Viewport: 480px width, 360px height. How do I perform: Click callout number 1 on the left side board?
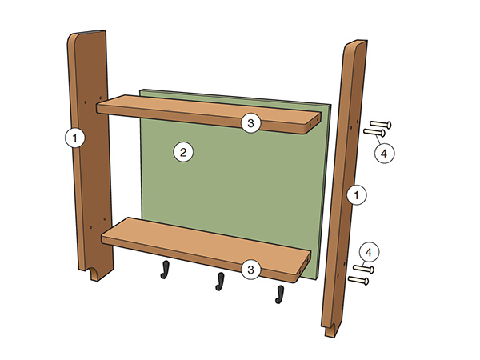(74, 138)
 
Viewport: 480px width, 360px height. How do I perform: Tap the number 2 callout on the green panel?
(183, 152)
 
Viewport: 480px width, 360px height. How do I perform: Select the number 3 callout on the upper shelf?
(250, 122)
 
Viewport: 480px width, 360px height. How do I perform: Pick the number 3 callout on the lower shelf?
(250, 270)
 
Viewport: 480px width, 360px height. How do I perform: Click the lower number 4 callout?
(370, 252)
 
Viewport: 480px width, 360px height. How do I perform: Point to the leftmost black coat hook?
(166, 270)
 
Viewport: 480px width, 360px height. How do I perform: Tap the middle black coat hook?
(218, 280)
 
